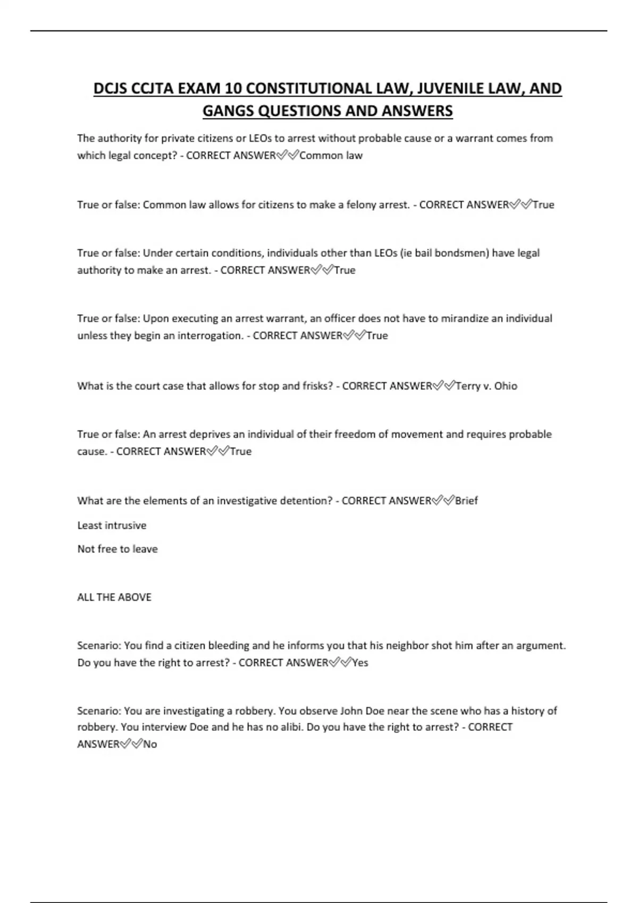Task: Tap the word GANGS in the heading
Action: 228,111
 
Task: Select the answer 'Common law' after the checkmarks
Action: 331,156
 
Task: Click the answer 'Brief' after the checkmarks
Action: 466,500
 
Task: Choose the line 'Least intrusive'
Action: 112,525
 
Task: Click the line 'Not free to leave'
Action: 117,549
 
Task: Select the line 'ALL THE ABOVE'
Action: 114,597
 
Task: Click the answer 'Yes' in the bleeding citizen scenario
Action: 360,663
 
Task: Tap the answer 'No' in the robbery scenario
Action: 150,744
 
